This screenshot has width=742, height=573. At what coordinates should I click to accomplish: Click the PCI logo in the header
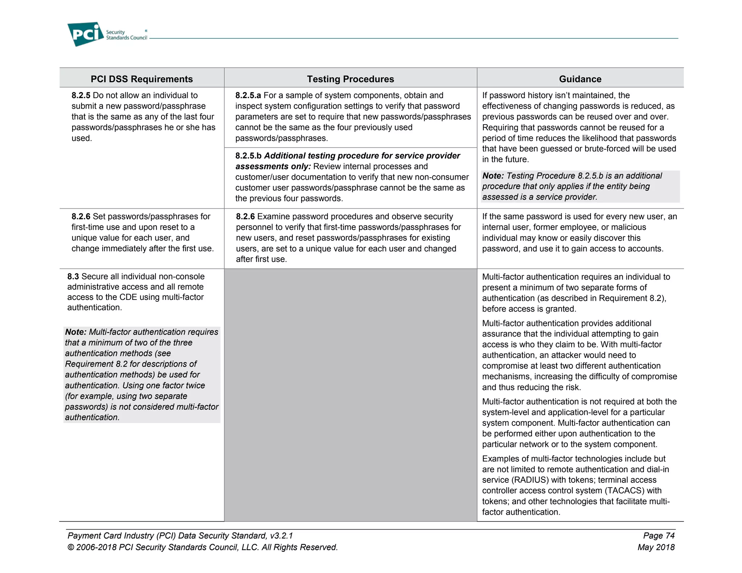[x=86, y=34]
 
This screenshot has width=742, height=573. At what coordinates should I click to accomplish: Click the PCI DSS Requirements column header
[x=142, y=79]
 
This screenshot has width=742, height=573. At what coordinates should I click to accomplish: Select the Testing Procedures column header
[x=350, y=79]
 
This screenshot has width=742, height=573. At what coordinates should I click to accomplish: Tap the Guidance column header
[x=580, y=79]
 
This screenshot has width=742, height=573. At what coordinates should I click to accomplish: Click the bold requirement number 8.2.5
[x=81, y=95]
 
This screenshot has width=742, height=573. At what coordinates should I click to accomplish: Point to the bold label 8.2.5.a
[x=248, y=95]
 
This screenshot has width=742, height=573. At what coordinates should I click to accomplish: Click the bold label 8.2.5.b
[x=248, y=156]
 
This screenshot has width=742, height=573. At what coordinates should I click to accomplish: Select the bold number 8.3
[x=73, y=276]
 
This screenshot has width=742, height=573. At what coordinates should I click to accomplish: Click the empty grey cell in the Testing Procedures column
[x=350, y=395]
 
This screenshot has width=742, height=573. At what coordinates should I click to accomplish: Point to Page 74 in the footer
[x=658, y=535]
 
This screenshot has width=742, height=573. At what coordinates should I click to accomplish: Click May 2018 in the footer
[x=656, y=547]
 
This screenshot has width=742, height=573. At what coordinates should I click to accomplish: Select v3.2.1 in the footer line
[x=281, y=535]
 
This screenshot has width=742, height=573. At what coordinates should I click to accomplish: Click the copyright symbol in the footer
[x=71, y=547]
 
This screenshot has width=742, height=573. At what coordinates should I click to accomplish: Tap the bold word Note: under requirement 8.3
[x=76, y=332]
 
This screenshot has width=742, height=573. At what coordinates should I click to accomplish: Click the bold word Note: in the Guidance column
[x=493, y=176]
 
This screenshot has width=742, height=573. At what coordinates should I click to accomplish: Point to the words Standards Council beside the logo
[x=126, y=38]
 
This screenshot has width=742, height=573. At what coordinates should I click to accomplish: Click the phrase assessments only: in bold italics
[x=273, y=166]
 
